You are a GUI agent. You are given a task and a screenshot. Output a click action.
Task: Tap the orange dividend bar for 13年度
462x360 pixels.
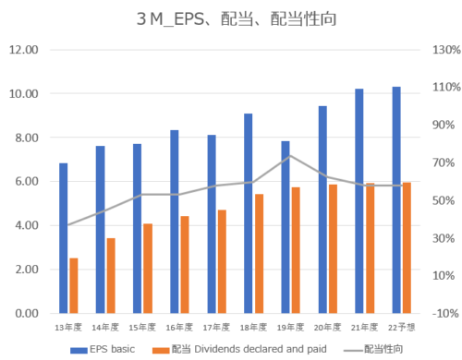(74, 285)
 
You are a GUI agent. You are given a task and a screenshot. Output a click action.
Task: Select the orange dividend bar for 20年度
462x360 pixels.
(333, 248)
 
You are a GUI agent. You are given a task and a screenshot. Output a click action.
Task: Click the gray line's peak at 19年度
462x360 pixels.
(290, 155)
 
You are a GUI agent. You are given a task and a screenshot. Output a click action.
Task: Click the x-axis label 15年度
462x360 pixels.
(142, 328)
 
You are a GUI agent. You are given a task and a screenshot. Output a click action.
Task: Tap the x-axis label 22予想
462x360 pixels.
(401, 328)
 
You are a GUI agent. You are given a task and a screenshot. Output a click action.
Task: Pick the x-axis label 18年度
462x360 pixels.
(253, 328)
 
